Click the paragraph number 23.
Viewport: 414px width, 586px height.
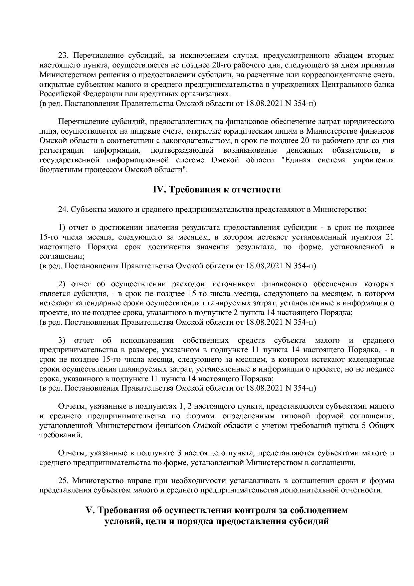click(63, 55)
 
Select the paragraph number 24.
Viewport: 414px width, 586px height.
click(63, 210)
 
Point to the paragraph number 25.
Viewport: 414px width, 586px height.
click(63, 481)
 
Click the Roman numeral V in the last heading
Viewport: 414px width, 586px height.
click(89, 510)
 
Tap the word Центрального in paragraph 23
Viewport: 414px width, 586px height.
click(343, 84)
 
